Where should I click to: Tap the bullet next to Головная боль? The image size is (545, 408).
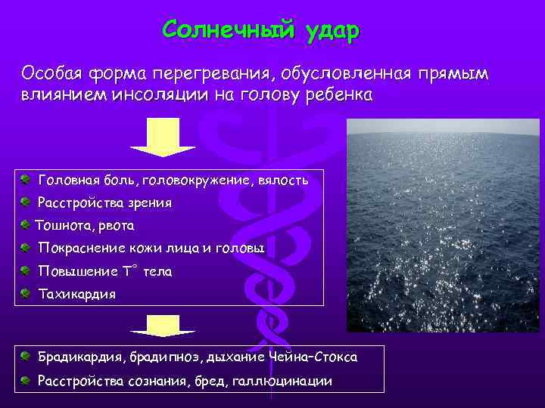pyautogui.click(x=26, y=180)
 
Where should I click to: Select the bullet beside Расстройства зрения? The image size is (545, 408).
pyautogui.click(x=26, y=202)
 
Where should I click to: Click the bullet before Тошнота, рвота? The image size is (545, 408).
pyautogui.click(x=26, y=224)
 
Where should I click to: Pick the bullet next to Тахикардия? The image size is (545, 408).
pyautogui.click(x=26, y=293)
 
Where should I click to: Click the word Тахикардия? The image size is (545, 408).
pyautogui.click(x=77, y=294)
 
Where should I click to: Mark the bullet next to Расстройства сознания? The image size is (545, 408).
pyautogui.click(x=26, y=380)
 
